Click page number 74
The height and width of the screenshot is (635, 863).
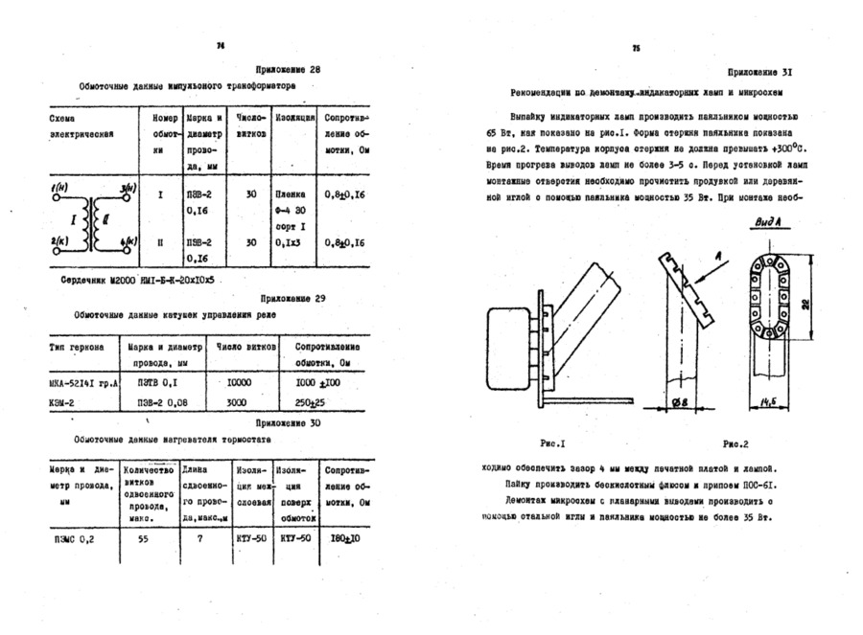click(x=221, y=45)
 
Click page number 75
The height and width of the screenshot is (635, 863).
click(x=635, y=49)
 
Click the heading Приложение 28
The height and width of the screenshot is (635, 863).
click(x=289, y=70)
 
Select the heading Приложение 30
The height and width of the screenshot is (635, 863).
click(x=288, y=422)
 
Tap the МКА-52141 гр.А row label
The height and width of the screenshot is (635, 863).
click(x=82, y=382)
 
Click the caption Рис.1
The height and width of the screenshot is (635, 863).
click(x=554, y=443)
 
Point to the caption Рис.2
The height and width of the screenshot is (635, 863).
click(x=735, y=443)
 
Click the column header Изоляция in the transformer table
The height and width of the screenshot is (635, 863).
click(x=291, y=118)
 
